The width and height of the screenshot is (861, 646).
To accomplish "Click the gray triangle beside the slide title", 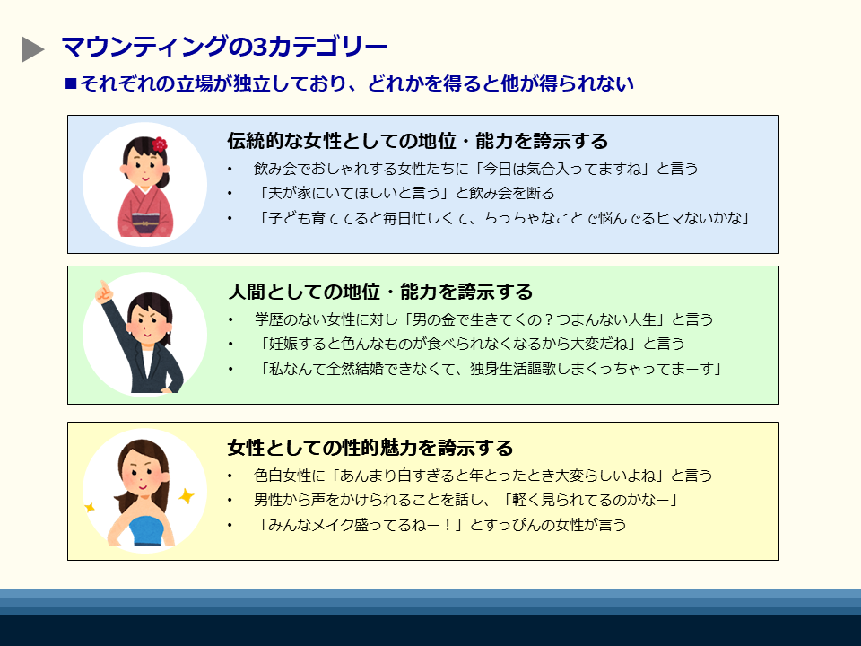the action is pos(32,49).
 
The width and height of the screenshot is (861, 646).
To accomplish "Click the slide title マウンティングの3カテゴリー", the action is pos(224,47).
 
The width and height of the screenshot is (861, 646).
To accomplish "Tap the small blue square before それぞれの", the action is pos(70,83).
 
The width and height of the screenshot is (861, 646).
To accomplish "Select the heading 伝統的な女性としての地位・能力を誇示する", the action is pos(417,141).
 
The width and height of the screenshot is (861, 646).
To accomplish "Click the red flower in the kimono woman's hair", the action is pos(160,144).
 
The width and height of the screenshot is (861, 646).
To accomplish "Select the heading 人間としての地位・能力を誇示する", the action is pos(380,291).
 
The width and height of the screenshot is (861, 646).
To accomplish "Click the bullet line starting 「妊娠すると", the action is pos(470,344).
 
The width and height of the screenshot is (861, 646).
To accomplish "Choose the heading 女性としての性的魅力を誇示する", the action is pos(370,447).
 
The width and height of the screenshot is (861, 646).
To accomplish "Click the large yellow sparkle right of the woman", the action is pos(187,495).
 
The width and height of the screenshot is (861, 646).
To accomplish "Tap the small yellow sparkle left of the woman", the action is pos(90,507).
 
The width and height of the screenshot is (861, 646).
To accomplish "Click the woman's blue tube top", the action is pos(146,530).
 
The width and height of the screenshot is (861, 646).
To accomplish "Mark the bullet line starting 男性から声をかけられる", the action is pos(466,500).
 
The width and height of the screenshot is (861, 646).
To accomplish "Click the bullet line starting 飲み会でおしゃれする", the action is pos(475,169).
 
